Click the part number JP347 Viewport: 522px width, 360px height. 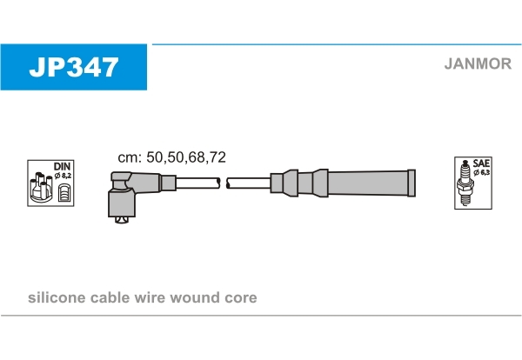click(x=74, y=67)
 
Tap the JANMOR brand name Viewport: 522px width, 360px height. click(x=478, y=63)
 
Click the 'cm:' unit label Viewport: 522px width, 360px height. click(x=130, y=157)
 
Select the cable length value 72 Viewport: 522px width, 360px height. click(x=217, y=157)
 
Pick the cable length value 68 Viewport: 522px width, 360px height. click(x=197, y=157)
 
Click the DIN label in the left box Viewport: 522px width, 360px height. click(x=62, y=166)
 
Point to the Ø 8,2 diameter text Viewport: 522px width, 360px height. click(x=63, y=176)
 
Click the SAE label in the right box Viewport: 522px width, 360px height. click(x=481, y=163)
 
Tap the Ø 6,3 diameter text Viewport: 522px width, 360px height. click(x=482, y=172)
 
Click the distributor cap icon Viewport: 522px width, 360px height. click(x=41, y=188)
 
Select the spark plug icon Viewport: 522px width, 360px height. click(x=465, y=183)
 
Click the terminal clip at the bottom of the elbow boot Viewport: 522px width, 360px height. click(x=122, y=220)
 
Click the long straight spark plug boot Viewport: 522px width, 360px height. click(x=343, y=183)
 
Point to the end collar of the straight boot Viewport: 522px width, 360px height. click(x=412, y=183)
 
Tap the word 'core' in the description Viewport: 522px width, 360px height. click(x=241, y=298)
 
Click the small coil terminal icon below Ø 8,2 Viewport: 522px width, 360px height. click(x=64, y=193)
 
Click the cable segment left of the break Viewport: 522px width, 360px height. click(x=197, y=183)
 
